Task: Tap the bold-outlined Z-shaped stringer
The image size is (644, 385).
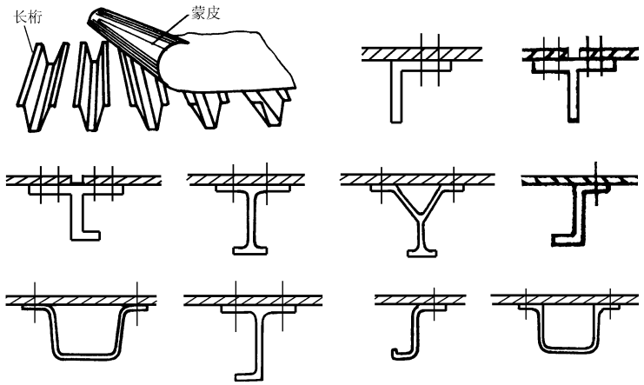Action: (x=574, y=217)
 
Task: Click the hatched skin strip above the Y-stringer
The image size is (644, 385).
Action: (x=417, y=178)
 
